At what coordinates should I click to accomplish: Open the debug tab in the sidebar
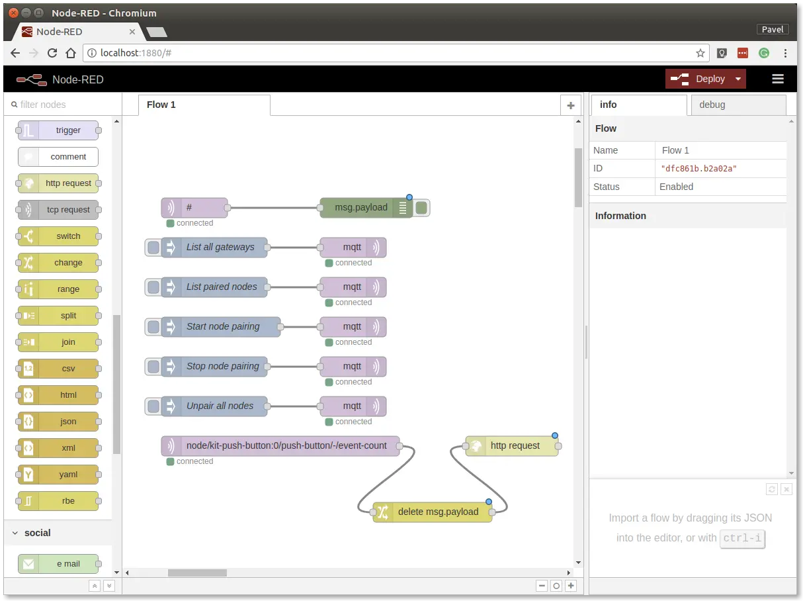tap(738, 105)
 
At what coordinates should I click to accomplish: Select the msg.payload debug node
tap(366, 208)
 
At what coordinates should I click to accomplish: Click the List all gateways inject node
tap(214, 248)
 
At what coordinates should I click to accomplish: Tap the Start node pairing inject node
tap(221, 326)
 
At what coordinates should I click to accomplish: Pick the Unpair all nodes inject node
tap(214, 406)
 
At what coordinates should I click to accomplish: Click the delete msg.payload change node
tap(432, 512)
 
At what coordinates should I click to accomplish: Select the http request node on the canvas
tap(511, 446)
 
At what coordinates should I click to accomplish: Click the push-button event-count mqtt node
tap(280, 446)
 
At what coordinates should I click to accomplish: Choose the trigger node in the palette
tap(58, 130)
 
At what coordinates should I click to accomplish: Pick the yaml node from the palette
tap(58, 475)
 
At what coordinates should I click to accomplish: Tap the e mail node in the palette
tap(58, 564)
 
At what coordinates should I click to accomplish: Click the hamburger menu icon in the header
tap(777, 79)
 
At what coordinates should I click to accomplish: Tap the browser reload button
tap(52, 54)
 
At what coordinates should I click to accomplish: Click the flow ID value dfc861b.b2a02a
tap(698, 169)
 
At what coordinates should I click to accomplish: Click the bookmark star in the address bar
tap(700, 54)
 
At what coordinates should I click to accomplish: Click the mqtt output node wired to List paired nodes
tap(353, 287)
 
